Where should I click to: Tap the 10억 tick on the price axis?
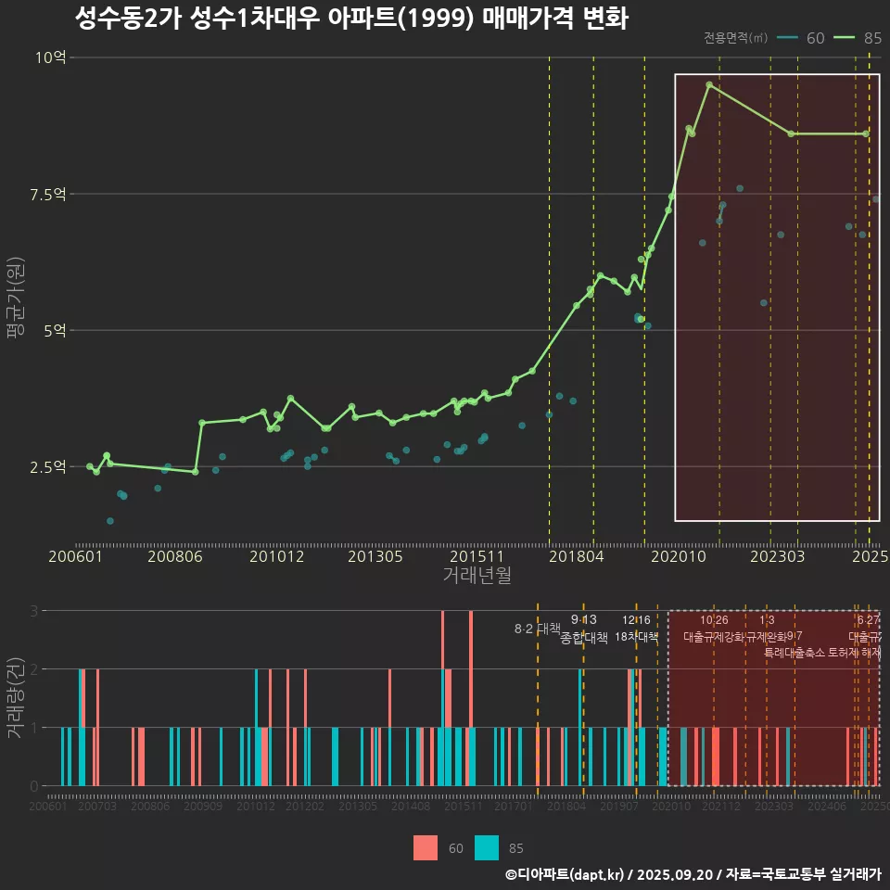click(51, 57)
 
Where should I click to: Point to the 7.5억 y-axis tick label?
click(49, 194)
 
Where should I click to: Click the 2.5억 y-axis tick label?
click(49, 466)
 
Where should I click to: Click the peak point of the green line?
click(709, 84)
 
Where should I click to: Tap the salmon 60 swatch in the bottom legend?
click(426, 847)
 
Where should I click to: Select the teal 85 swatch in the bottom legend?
click(487, 847)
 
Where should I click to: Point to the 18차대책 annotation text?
click(636, 637)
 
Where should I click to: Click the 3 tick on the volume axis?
click(34, 611)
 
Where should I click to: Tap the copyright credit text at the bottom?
click(693, 874)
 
